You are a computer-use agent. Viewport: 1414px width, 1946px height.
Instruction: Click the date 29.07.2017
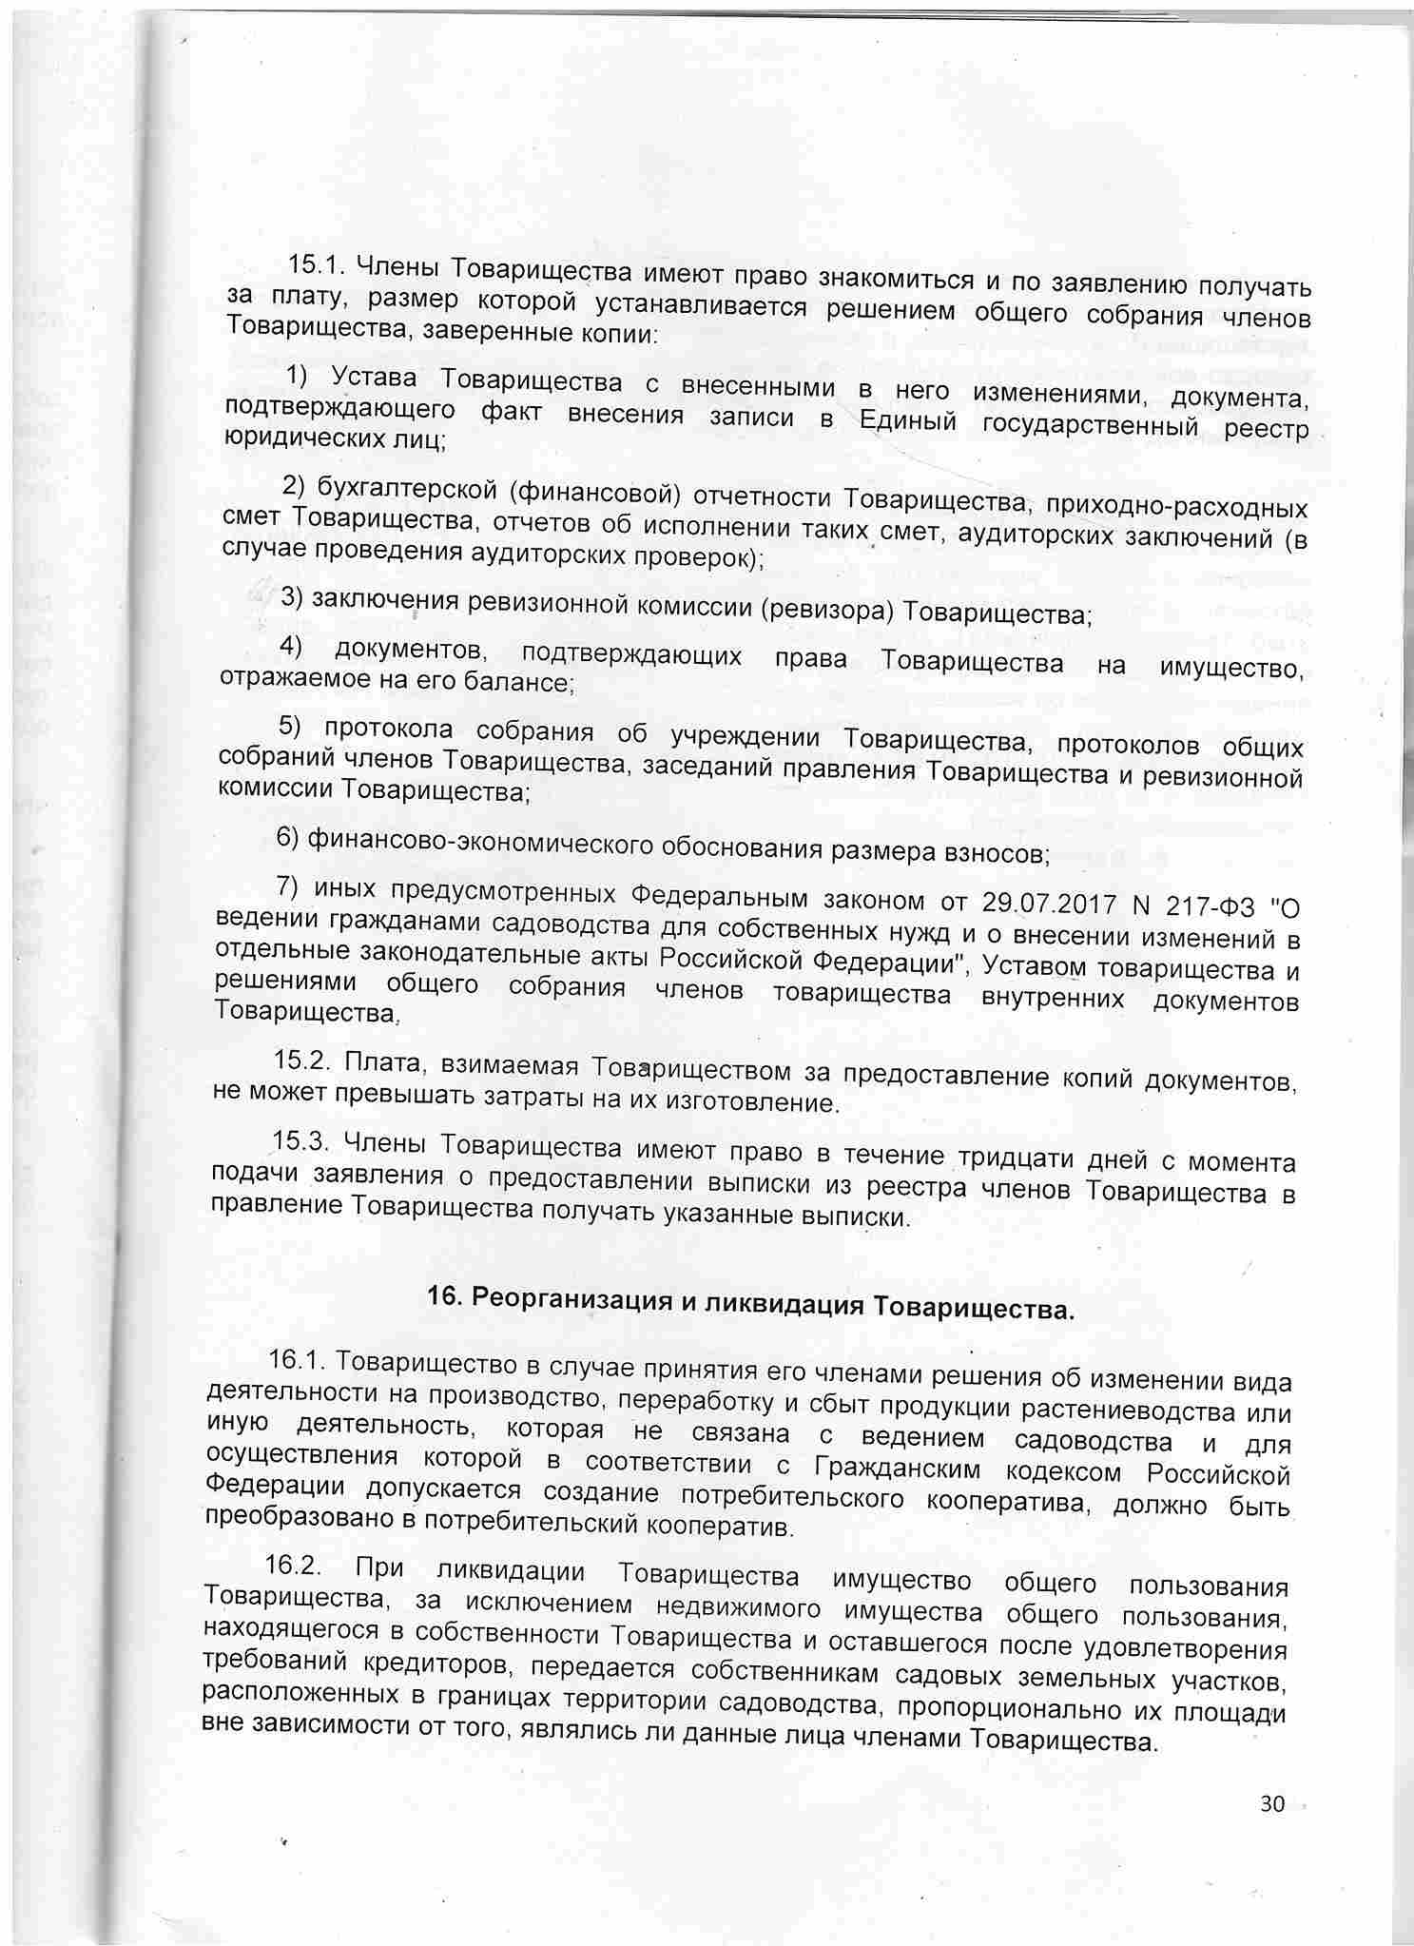click(x=1045, y=900)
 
